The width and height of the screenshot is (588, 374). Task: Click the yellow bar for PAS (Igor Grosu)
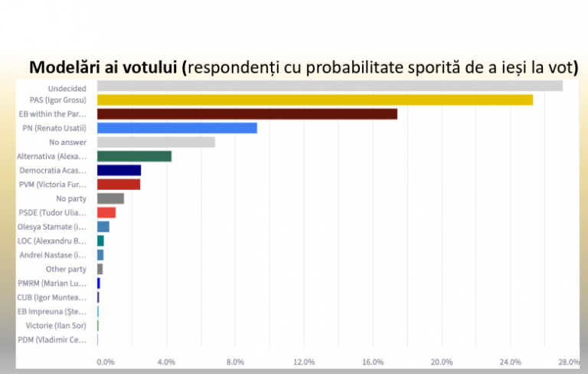315,100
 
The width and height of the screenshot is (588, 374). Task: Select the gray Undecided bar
329,86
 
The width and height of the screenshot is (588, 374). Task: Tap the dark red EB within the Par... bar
247,114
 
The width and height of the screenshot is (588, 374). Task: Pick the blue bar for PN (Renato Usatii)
177,128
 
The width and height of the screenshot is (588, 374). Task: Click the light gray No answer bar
155,142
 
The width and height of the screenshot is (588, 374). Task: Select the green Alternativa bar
134,156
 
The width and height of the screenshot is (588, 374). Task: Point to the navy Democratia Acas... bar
119,170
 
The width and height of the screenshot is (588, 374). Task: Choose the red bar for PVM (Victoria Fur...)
119,184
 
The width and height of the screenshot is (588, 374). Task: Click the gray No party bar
110,198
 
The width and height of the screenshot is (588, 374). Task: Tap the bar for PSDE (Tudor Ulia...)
106,212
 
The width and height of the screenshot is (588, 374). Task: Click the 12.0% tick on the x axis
304,362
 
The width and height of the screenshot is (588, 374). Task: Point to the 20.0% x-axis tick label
442,362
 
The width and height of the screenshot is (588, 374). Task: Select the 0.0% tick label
105,362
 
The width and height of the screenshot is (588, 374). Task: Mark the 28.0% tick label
569,362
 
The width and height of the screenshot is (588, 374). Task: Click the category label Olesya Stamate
52,227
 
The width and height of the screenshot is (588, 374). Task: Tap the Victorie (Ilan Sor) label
56,326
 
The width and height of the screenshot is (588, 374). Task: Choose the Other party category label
67,269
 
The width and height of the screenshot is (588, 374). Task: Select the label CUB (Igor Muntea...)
52,297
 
